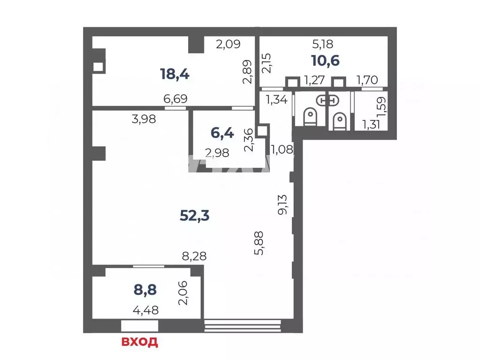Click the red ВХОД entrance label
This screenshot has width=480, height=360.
pos(140,342)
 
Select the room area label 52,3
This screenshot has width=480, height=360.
pos(195,216)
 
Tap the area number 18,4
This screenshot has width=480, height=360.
pos(175,74)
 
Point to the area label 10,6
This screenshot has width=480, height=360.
pos(326,60)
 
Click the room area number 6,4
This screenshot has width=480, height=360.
pos(222,133)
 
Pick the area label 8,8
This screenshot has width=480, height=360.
pos(145,290)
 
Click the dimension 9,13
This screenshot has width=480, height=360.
pos(282,204)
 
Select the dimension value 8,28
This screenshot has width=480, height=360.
pos(194,256)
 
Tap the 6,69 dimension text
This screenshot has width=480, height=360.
pos(175,99)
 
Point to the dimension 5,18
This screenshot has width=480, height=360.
pos(323,45)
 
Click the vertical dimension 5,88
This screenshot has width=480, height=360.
pos(259,243)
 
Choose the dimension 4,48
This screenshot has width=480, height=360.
pos(146,310)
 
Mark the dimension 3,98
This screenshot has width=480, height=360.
pos(144,119)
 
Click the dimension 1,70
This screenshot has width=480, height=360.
pos(367,80)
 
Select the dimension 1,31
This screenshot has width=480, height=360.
pos(371,125)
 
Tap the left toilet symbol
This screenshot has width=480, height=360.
pos(310,117)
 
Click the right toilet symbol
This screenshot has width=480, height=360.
pos(339,121)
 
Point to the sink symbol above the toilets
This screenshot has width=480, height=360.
pos(328,100)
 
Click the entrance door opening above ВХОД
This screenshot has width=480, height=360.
pos(140,326)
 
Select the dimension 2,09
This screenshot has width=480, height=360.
pos(228,45)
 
